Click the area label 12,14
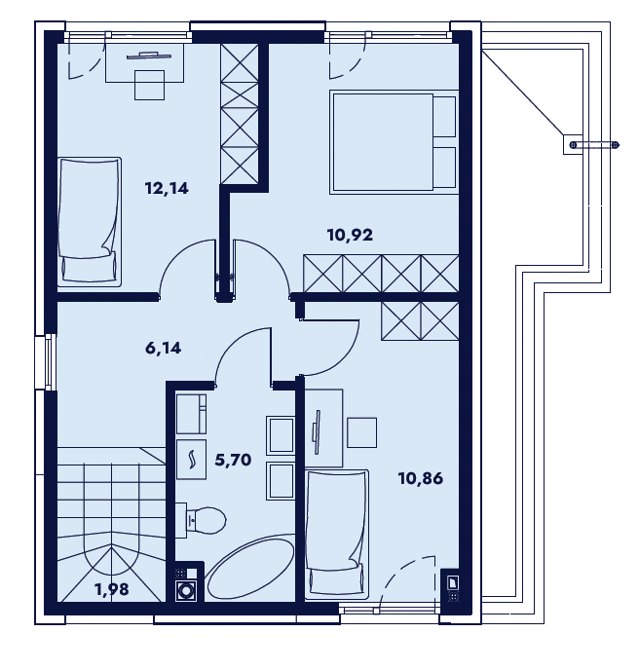pos(167,188)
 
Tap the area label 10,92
pos(350,235)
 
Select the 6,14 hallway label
pos(164,349)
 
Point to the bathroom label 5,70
pos(233,461)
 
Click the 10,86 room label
pos(421,478)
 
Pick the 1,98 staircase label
pos(112,590)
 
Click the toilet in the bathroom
pos(201,520)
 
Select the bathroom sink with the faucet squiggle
pos(191,460)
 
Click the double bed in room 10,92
pos(394,142)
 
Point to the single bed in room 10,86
pos(337,533)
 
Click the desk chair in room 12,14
pos(150,85)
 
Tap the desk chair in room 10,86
pos(361,432)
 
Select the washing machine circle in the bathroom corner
pos(186,590)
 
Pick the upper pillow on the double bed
pos(444,117)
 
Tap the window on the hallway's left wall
pos(49,362)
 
